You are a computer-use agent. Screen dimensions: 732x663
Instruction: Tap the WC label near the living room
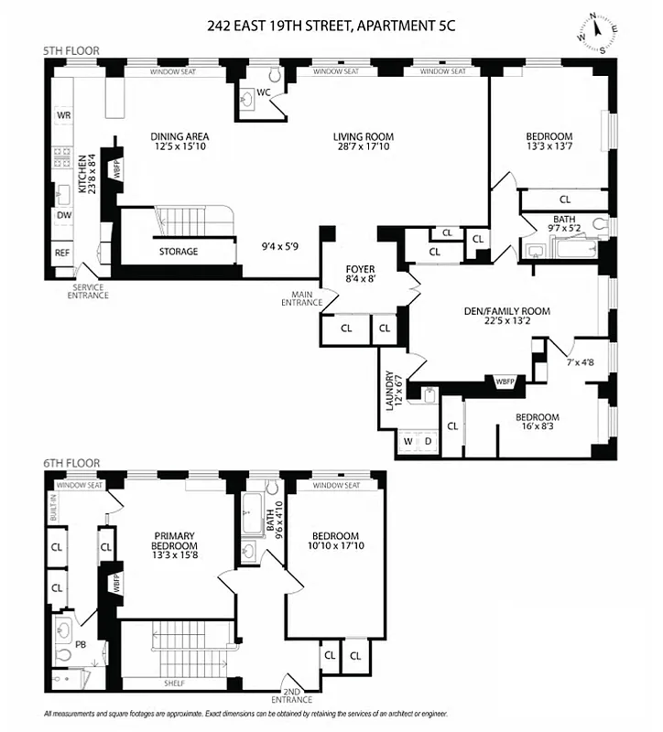click(262, 92)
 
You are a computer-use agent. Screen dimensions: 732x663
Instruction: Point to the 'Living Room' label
click(363, 137)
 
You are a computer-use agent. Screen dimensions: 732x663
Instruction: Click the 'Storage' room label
click(178, 252)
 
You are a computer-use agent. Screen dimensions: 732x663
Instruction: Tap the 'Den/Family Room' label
click(506, 311)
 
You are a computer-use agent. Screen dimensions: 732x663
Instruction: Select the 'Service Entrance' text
click(88, 291)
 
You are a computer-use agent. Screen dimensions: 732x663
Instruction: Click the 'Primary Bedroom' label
click(174, 542)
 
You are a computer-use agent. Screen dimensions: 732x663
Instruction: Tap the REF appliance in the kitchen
click(62, 253)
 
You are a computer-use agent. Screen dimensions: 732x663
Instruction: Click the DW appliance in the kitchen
click(63, 216)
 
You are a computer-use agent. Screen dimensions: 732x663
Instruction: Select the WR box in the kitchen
click(63, 115)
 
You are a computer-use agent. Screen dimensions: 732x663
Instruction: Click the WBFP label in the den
click(505, 381)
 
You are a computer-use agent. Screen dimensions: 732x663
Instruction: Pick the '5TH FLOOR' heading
click(71, 50)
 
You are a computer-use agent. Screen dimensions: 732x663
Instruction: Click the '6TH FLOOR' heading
click(71, 464)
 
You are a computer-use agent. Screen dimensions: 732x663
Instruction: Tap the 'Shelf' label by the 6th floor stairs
click(176, 683)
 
